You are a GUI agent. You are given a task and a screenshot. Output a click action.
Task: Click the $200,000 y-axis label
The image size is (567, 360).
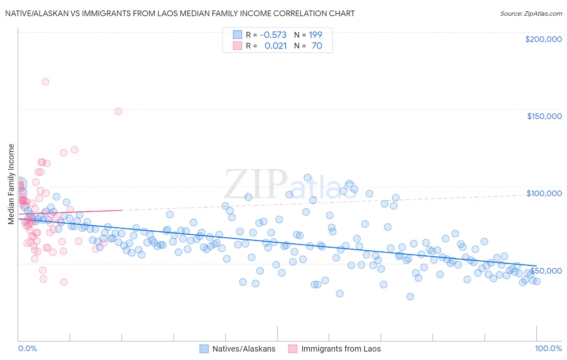coord(543,39)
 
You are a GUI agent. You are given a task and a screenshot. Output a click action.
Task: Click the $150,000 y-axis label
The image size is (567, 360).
coord(544,116)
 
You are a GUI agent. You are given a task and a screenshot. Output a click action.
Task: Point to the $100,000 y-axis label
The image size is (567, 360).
coord(544,193)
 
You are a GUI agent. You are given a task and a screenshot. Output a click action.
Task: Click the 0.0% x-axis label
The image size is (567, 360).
coord(27,348)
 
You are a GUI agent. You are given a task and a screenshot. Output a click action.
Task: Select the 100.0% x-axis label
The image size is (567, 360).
coord(548,348)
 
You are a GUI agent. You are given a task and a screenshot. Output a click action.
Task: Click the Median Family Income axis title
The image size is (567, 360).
coord(11,184)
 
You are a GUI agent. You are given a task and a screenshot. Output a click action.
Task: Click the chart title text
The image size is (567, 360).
coord(180,13)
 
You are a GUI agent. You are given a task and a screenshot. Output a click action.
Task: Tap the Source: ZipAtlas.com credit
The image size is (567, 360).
coord(531,13)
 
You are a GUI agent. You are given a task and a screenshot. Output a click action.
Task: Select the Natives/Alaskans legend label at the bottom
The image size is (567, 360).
coord(244,349)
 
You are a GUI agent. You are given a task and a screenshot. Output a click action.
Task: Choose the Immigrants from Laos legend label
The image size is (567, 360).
coord(341,349)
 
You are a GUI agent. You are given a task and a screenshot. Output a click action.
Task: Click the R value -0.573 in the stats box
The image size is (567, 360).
coord(273,35)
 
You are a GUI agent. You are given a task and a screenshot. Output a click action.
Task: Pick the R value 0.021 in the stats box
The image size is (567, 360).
coord(275,46)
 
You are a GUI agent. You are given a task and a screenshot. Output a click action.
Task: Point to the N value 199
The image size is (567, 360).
coord(315,35)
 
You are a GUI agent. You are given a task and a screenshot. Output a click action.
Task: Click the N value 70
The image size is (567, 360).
coord(317,46)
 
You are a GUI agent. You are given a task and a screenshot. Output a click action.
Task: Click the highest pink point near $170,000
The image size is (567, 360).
coord(45,82)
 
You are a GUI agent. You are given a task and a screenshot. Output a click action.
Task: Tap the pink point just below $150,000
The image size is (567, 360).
coord(118,111)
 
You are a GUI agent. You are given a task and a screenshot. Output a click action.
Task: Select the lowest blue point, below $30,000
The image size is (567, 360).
coord(410,297)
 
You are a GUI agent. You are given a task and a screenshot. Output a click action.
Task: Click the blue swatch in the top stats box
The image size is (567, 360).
coord(237,35)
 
